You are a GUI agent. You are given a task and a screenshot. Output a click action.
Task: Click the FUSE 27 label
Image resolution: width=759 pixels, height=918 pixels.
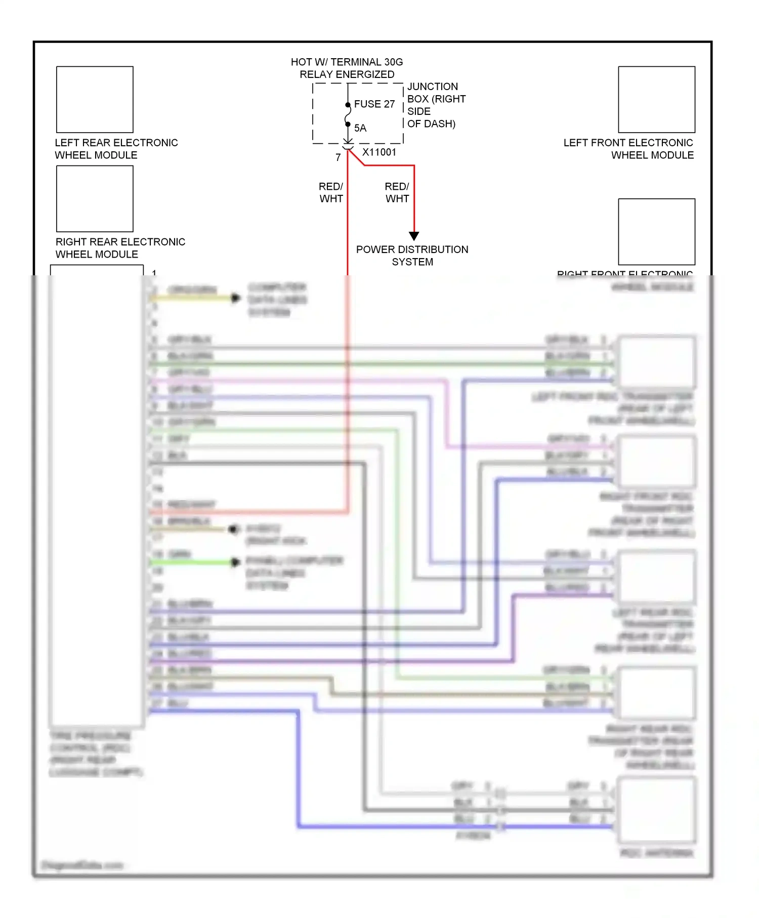coord(374,104)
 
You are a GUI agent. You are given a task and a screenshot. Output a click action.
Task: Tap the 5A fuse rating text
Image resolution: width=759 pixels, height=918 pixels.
coord(360,128)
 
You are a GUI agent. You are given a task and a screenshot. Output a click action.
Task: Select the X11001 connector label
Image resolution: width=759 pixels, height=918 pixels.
coord(379,152)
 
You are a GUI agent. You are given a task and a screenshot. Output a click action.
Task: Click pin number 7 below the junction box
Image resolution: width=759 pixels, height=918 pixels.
coord(338,158)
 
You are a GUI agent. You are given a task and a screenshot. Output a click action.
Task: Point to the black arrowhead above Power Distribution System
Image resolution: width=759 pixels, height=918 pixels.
coord(414,236)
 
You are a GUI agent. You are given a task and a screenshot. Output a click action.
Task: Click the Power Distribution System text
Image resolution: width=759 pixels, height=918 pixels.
coord(412,256)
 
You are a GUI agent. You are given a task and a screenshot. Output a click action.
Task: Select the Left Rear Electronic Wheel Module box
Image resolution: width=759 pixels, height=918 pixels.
coord(95,100)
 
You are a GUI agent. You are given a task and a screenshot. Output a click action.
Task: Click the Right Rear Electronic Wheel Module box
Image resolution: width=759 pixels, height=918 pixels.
coord(95,199)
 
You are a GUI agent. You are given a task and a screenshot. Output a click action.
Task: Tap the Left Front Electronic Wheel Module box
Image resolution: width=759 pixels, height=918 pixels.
coord(656,100)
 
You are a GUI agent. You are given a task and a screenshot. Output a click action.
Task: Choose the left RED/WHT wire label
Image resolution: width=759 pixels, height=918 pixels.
coord(331,193)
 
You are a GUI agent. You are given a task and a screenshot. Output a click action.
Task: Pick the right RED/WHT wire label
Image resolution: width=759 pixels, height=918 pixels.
coord(397,193)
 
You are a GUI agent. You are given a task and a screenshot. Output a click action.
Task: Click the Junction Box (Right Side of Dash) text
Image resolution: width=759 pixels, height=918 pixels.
coord(436,105)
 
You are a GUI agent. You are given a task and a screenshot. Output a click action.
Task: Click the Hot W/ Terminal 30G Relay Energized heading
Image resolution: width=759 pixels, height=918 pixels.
coord(347,68)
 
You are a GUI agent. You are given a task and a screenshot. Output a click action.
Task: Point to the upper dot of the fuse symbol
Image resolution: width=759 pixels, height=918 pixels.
coord(348,105)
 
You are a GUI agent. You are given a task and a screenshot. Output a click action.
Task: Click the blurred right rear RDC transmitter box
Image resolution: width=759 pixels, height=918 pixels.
coord(656,693)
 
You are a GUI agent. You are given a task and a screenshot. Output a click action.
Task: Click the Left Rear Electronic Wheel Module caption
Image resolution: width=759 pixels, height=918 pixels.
coord(116,149)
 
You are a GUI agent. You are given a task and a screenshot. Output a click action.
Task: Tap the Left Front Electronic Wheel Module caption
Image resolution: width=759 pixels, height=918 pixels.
coord(628,149)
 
